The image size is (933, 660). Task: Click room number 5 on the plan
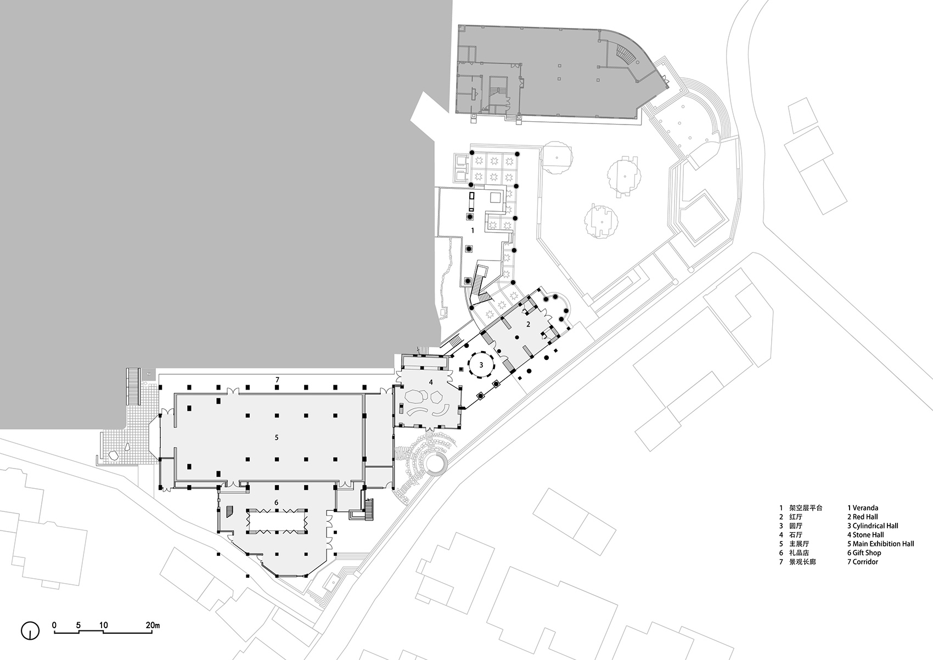[x=277, y=438]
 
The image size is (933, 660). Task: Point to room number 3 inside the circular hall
[x=481, y=365]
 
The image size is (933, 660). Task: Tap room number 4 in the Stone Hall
[x=431, y=382]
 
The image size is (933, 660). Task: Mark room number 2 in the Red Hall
[x=528, y=324]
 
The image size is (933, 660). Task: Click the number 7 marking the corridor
[x=277, y=380]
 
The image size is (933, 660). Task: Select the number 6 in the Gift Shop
[x=277, y=503]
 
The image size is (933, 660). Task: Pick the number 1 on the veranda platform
[x=473, y=230]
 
